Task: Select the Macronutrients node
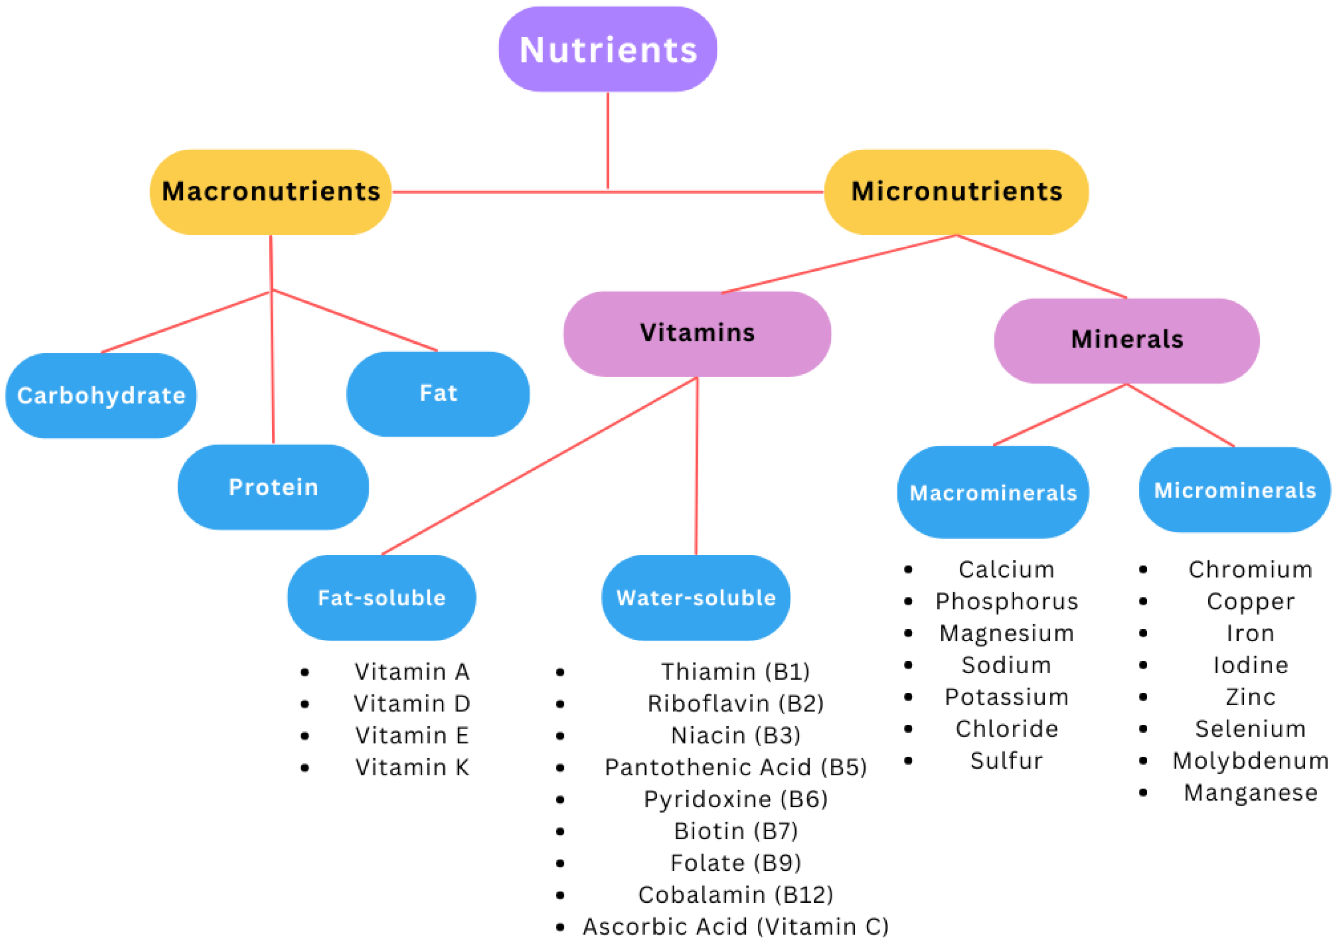271,192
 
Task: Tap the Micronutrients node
956,192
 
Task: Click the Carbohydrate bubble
101,395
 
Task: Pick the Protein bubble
273,487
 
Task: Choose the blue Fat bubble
438,393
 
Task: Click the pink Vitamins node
697,334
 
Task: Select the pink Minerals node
1126,340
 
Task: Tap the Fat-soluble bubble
382,598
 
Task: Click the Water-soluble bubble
696,598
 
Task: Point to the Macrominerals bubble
993,493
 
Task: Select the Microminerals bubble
1234,490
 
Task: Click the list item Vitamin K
412,767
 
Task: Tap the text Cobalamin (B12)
735,894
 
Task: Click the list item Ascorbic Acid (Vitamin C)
735,926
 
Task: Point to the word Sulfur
1006,760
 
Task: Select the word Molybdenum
1250,760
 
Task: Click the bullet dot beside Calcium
908,570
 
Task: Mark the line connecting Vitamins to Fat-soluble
540,466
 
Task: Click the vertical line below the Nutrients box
608,140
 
